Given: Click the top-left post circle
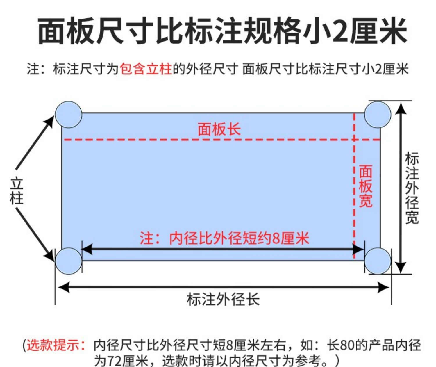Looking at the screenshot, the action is point(69,114).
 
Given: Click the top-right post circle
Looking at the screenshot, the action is point(378,114).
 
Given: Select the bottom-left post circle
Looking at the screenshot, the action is point(69,261).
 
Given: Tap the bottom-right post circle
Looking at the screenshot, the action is point(378,261).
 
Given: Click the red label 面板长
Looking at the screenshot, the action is point(219,129).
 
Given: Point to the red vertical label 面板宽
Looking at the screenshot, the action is point(366,186).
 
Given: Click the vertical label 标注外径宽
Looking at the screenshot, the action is point(412,188).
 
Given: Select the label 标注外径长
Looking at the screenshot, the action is point(223,299).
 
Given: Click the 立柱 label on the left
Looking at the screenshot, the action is point(17,191).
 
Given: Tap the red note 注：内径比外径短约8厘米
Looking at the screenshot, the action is point(224,238).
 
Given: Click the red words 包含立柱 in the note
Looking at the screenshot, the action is point(146,69).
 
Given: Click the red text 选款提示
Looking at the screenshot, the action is point(54,345).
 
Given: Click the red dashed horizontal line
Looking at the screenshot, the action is point(203,140).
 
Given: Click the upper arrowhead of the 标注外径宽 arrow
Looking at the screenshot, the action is point(401,108).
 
